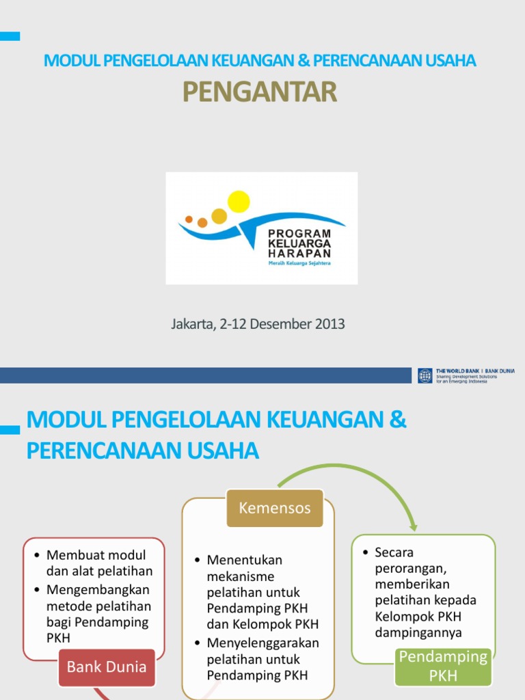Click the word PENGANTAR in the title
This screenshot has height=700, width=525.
tap(260, 92)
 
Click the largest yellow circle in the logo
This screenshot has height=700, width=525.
tap(239, 202)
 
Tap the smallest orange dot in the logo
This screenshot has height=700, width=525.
tap(189, 219)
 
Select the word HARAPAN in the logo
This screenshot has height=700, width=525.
tap(299, 252)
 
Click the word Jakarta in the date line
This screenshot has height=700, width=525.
tap(192, 324)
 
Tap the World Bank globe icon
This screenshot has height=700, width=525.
tap(425, 375)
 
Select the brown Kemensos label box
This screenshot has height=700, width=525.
tap(275, 508)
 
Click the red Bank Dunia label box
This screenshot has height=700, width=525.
tap(107, 667)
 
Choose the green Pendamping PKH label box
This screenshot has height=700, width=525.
tap(443, 667)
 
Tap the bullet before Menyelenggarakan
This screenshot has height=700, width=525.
tap(198, 643)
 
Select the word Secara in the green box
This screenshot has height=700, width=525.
tap(394, 552)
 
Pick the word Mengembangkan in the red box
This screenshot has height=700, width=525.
tap(98, 589)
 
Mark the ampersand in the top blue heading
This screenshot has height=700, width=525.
tap(304, 61)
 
